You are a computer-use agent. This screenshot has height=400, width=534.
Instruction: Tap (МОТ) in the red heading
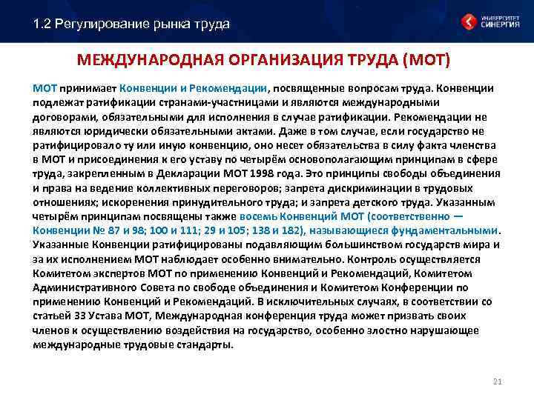[x=429, y=59]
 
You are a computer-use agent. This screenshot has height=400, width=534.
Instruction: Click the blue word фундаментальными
[x=448, y=230]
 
